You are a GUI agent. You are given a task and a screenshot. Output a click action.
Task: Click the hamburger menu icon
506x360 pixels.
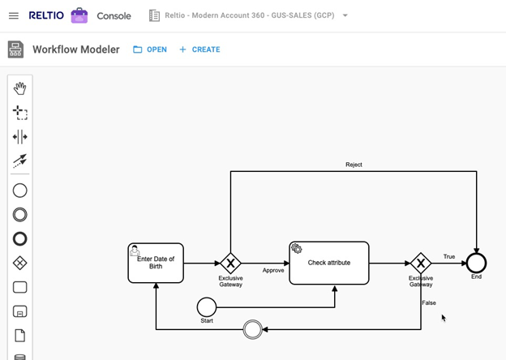pyautogui.click(x=14, y=15)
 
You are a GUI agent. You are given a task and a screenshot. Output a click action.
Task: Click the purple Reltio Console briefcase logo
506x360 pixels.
pyautogui.click(x=79, y=15)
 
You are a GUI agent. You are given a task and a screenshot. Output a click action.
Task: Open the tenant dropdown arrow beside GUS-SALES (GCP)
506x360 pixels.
pyautogui.click(x=345, y=15)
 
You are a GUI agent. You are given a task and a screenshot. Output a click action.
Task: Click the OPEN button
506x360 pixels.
pyautogui.click(x=150, y=49)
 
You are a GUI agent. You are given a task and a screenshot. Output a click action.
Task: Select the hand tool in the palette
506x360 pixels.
pyautogui.click(x=20, y=88)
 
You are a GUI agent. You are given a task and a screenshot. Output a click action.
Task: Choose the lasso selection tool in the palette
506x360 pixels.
pyautogui.click(x=20, y=113)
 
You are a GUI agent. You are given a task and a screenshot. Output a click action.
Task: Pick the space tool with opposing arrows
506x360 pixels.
pyautogui.click(x=20, y=137)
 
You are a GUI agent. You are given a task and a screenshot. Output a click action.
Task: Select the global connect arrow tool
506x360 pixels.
pyautogui.click(x=20, y=161)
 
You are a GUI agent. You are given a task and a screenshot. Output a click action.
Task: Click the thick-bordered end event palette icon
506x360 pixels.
pyautogui.click(x=20, y=238)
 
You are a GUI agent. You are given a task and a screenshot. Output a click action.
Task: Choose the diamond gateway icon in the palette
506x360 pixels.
pyautogui.click(x=20, y=263)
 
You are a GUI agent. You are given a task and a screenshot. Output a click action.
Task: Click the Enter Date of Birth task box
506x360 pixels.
pyautogui.click(x=156, y=263)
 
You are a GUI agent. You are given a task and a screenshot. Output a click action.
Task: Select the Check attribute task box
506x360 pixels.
pyautogui.click(x=328, y=263)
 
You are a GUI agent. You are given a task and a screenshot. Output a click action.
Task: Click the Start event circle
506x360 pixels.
pyautogui.click(x=207, y=306)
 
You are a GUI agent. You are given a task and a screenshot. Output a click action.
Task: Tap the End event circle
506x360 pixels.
pyautogui.click(x=476, y=263)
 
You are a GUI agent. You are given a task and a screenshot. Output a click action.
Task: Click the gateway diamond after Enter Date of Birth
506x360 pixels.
pyautogui.click(x=231, y=263)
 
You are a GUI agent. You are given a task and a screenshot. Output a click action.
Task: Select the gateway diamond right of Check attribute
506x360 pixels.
pyautogui.click(x=420, y=263)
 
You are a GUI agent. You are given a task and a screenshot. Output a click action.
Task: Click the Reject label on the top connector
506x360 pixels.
pyautogui.click(x=354, y=165)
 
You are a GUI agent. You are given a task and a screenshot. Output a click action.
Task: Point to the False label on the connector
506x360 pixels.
pyautogui.click(x=428, y=302)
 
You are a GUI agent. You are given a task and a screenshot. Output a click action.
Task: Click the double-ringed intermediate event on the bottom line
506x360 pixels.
pyautogui.click(x=253, y=329)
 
